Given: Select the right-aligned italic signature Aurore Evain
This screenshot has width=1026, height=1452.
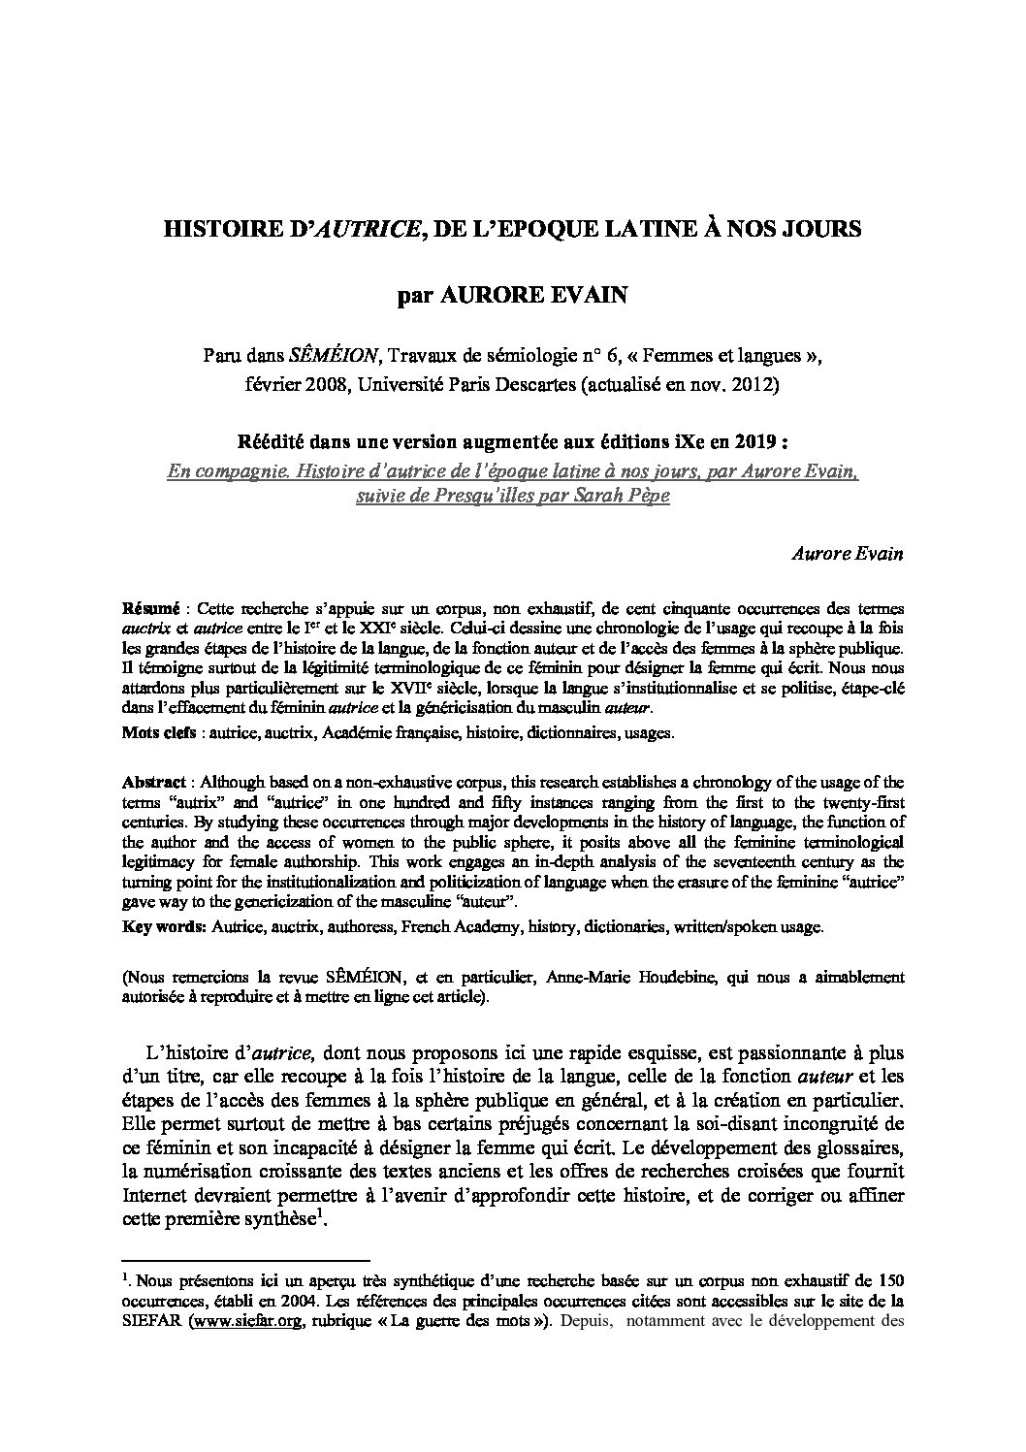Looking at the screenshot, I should pyautogui.click(x=848, y=554).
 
